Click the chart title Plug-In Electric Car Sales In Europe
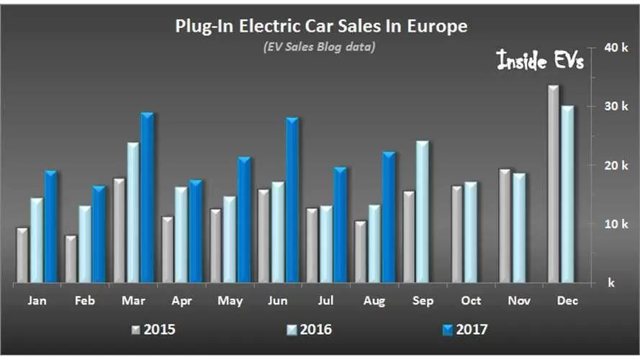pos(321,27)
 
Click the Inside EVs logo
pos(540,61)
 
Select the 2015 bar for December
pos(553,184)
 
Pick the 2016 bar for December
pos(567,194)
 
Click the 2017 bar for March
pos(147,198)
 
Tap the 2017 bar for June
pos(292,200)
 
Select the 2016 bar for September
pos(422,212)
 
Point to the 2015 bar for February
pos(71,259)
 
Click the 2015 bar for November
pos(505,226)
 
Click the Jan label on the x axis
pos(37,300)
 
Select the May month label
pos(230,300)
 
